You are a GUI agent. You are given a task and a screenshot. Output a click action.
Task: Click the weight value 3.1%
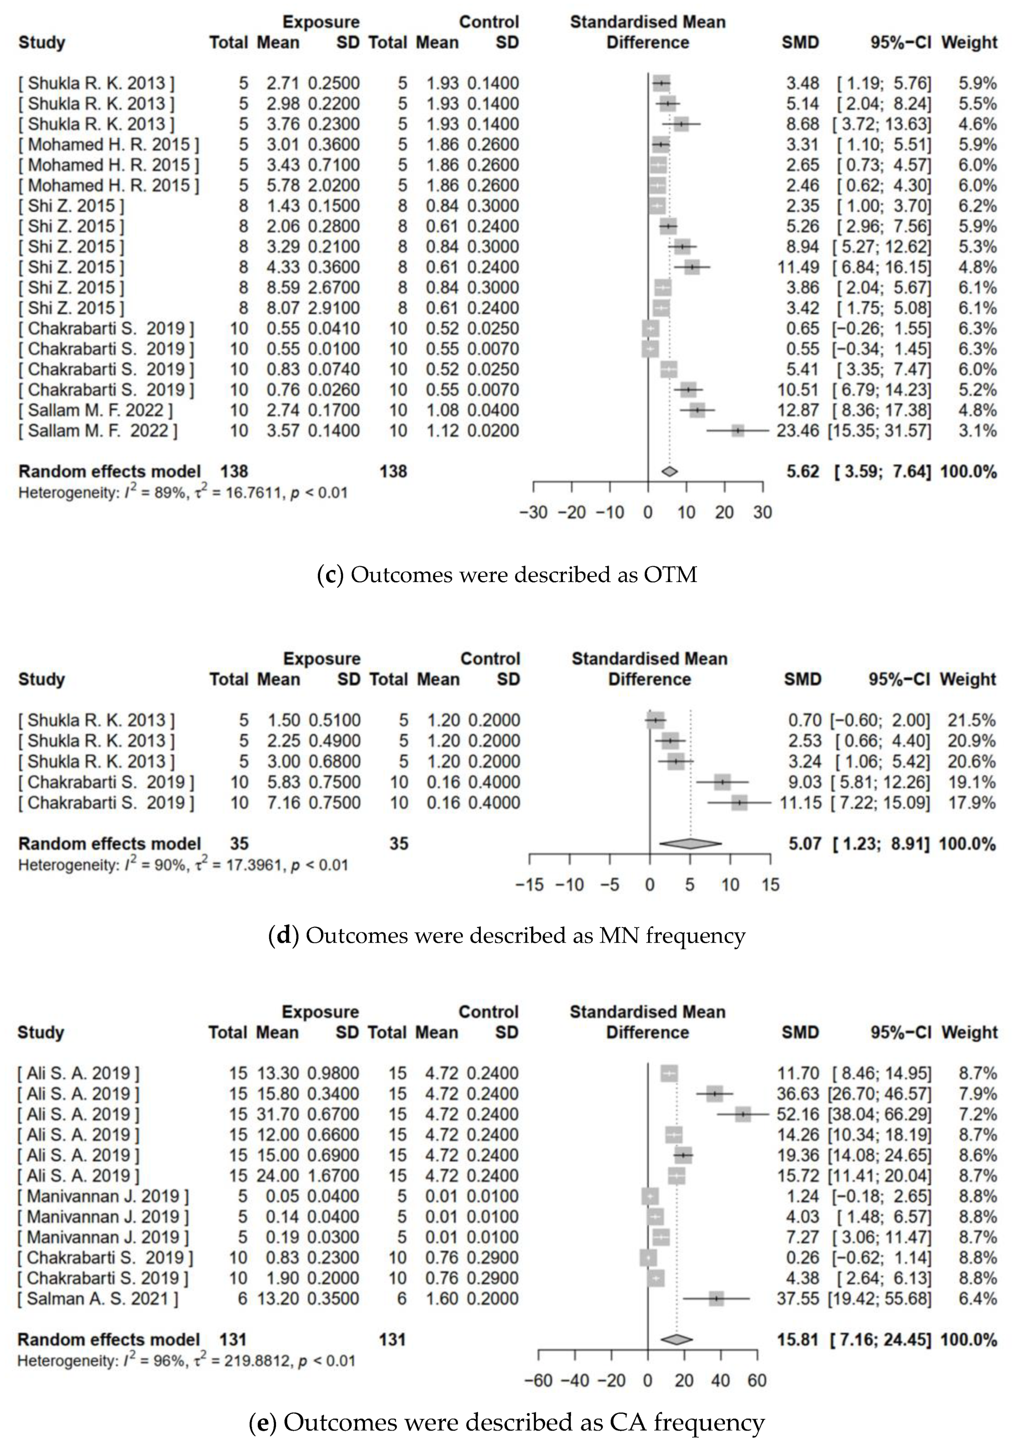977,431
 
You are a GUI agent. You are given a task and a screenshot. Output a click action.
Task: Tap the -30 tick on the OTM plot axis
533,512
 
